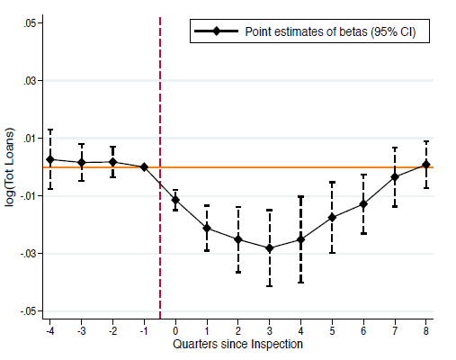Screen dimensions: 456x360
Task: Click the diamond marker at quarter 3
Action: [x=270, y=248]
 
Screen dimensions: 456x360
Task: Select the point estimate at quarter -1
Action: [x=144, y=167]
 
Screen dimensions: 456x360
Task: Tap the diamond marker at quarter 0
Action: [x=175, y=200]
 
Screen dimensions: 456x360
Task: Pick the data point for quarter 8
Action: [x=426, y=165]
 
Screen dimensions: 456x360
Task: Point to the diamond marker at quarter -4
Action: [x=50, y=159]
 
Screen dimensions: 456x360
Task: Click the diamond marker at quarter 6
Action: [x=363, y=204]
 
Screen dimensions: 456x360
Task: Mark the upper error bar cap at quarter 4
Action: [x=300, y=196]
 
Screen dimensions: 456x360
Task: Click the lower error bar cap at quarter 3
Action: [x=270, y=286]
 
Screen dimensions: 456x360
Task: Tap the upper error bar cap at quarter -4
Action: [x=50, y=130]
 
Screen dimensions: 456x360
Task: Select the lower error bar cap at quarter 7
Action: [x=395, y=206]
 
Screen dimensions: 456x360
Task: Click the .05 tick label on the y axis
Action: [x=29, y=23]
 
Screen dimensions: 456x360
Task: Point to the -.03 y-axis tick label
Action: [x=28, y=254]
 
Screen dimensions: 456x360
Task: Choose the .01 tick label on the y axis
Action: [x=29, y=139]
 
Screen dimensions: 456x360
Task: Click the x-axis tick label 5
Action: [x=332, y=330]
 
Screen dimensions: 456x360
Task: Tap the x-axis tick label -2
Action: [x=112, y=330]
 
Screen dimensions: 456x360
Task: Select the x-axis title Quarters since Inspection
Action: [x=237, y=344]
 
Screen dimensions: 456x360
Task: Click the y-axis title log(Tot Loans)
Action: [x=10, y=167]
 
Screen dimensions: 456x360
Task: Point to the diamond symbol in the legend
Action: [x=216, y=31]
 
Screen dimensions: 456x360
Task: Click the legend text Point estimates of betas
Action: [x=307, y=31]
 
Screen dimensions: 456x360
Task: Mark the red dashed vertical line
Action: [x=160, y=168]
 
